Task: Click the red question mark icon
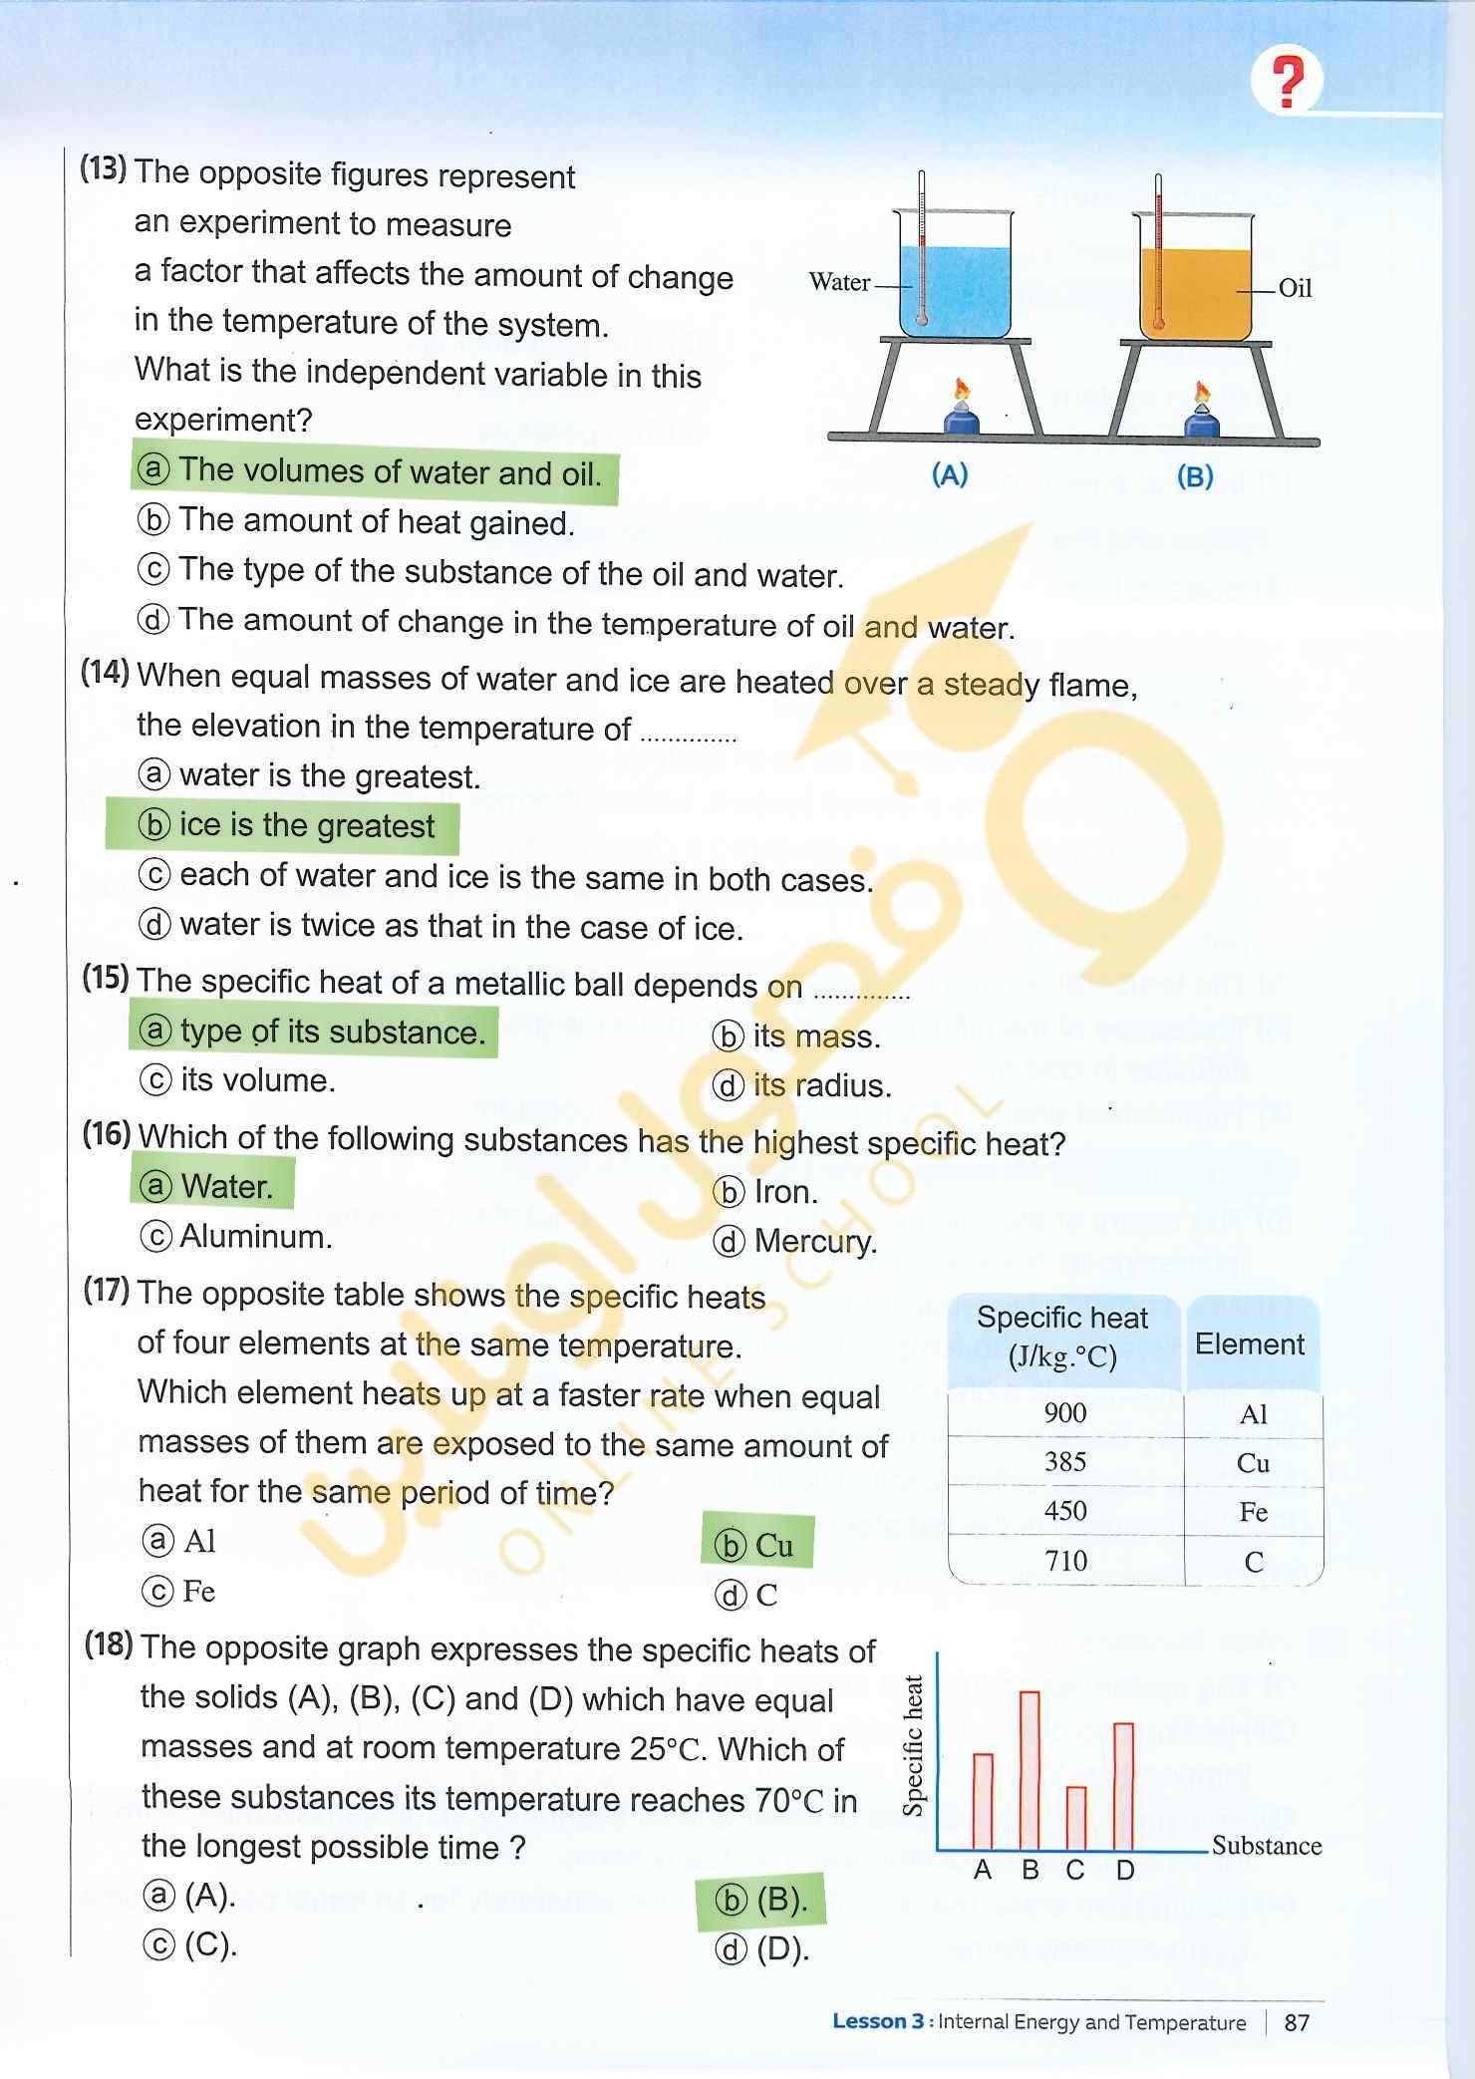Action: [1289, 82]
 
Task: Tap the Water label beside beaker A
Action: [839, 282]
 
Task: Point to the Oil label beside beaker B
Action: [1295, 288]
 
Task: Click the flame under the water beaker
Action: [962, 389]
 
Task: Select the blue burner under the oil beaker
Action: [1202, 424]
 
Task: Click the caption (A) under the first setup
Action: [949, 475]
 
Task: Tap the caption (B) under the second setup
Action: [1194, 476]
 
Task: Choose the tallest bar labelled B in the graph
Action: [1030, 1769]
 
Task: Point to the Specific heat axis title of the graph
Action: [913, 1746]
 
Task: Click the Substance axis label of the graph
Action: [1266, 1845]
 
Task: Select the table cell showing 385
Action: [1064, 1461]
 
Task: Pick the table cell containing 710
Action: [1064, 1560]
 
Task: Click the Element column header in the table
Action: [1249, 1344]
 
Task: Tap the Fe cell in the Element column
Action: [1253, 1512]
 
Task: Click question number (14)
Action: [105, 673]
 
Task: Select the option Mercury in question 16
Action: [814, 1241]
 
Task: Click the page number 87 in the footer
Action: [1297, 2022]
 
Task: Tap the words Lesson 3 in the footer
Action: [877, 2021]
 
